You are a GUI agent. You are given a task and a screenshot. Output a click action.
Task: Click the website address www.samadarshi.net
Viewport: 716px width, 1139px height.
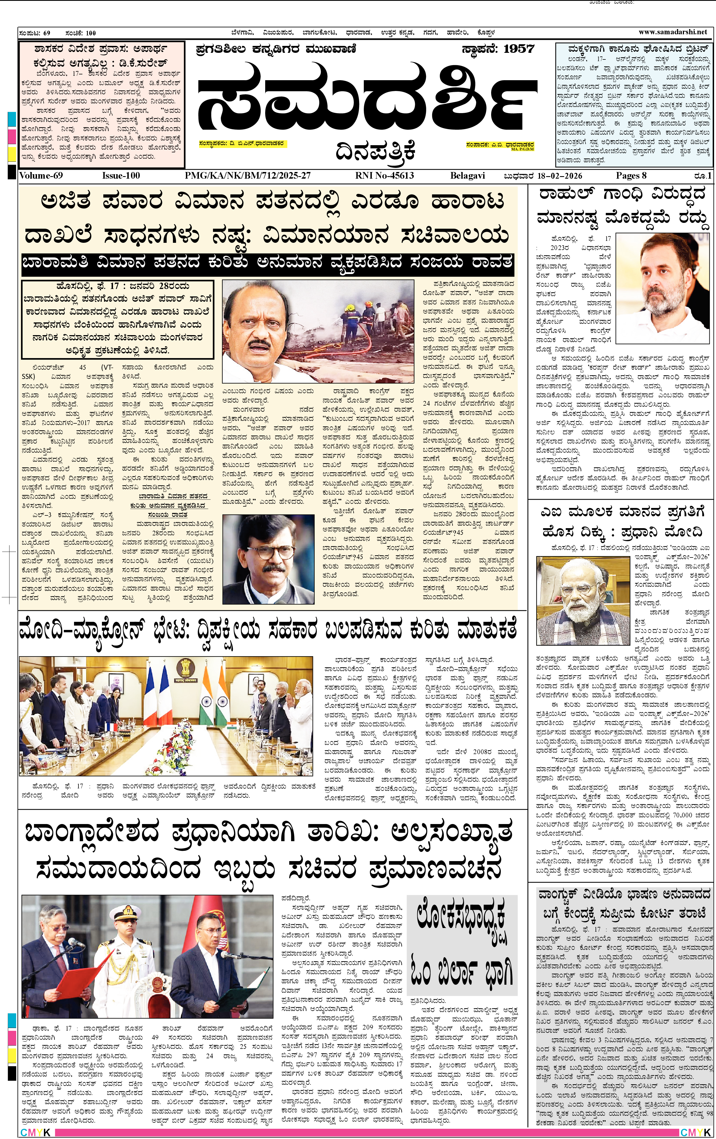tap(673, 32)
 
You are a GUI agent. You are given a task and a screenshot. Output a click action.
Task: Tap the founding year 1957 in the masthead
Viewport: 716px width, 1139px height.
tap(518, 49)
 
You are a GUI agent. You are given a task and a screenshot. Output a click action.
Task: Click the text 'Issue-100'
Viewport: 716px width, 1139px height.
tap(121, 176)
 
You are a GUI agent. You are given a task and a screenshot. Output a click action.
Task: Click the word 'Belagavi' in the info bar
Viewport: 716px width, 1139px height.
tap(467, 176)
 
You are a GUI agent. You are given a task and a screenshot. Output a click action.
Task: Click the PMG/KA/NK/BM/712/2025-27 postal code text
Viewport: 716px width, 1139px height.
tap(248, 176)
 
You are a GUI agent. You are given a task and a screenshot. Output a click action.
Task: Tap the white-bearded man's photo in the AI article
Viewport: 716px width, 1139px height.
tap(583, 600)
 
